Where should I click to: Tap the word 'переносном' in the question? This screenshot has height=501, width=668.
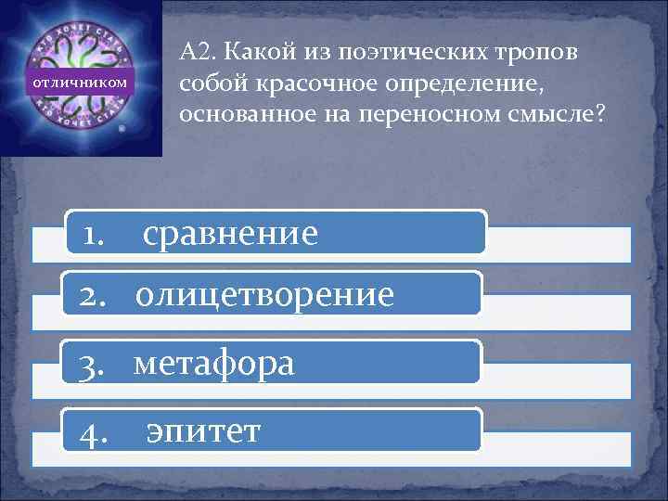coord(380,116)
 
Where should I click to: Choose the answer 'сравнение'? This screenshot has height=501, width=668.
coord(230,233)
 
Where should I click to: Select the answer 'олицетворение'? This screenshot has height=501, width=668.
coord(264,295)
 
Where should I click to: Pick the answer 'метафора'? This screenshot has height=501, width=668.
coord(214,363)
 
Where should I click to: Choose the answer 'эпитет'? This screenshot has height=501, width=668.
coord(203,430)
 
